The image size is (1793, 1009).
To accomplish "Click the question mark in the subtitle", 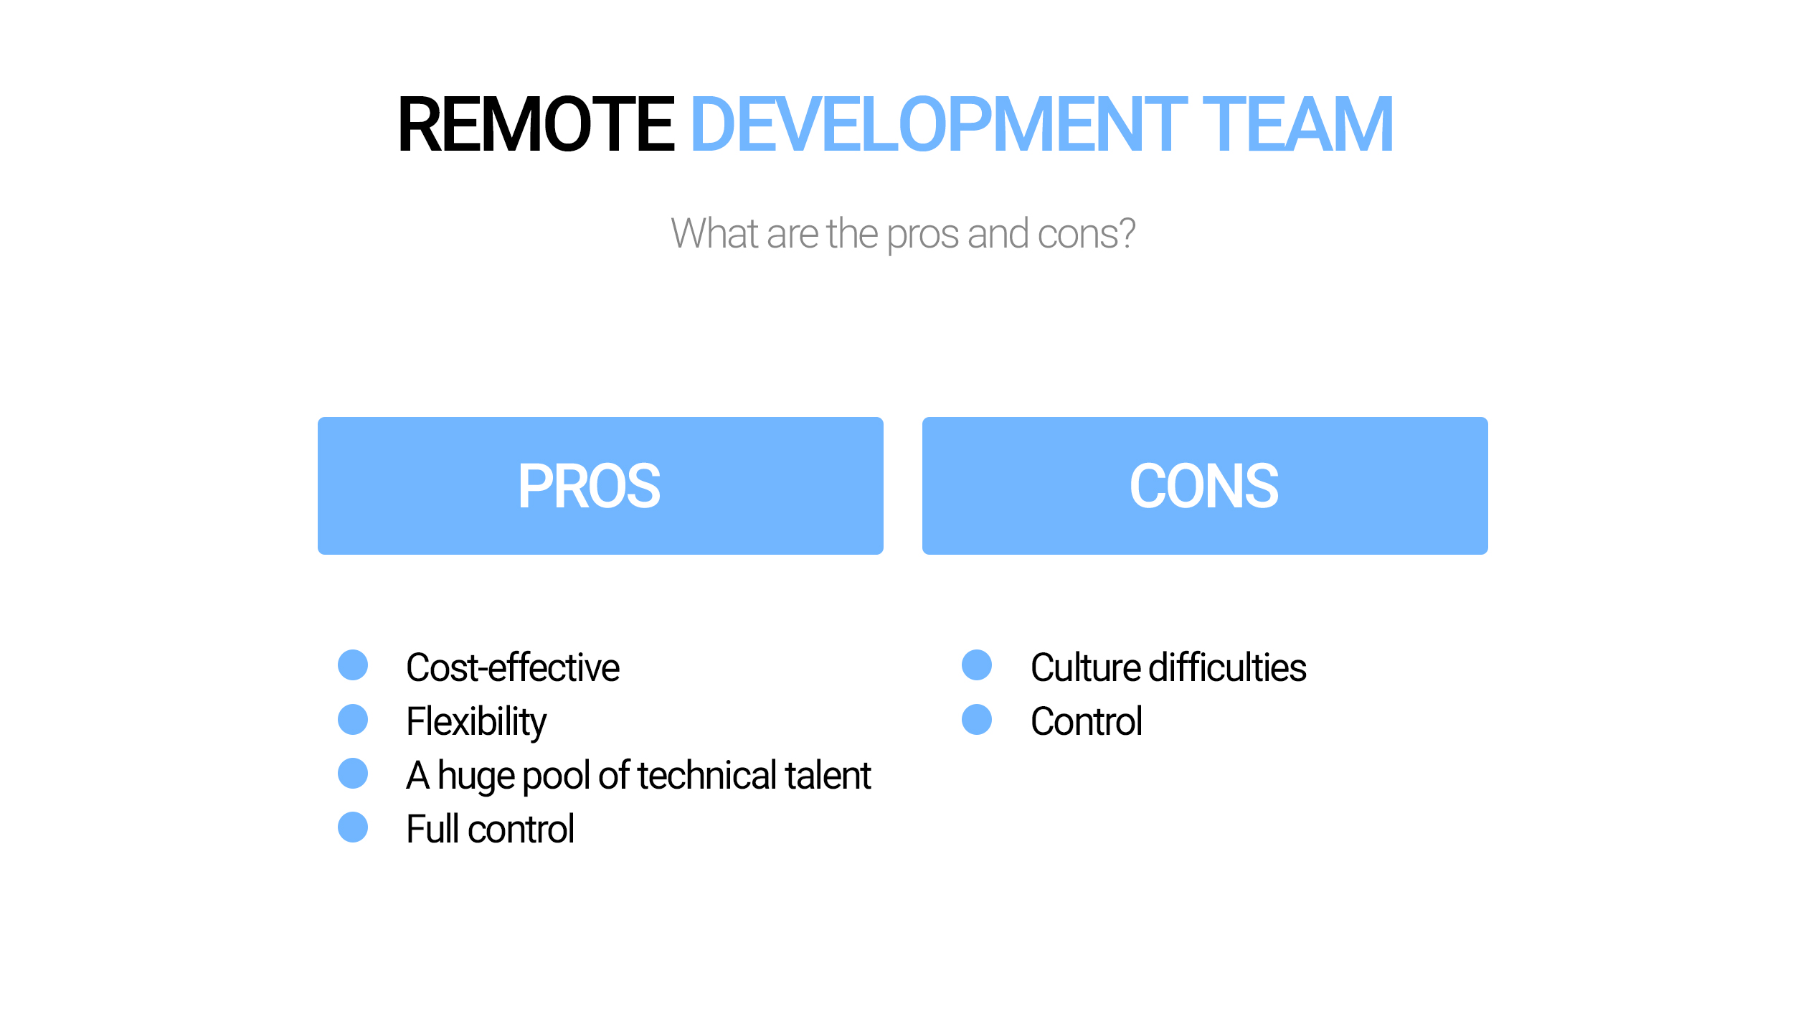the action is [1125, 233].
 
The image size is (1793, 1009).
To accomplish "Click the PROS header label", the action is [589, 486].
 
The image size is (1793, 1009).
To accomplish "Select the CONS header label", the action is [1204, 486].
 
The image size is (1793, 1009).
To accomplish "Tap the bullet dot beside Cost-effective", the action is [353, 665].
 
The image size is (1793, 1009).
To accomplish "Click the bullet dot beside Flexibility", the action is [353, 719].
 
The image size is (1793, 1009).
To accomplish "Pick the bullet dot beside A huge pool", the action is [353, 773].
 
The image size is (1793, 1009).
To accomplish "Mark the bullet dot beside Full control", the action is [353, 827].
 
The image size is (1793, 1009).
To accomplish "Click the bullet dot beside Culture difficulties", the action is [977, 665].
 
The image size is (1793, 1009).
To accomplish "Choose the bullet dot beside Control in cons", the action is [977, 719].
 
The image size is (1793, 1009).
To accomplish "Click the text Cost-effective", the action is [513, 667].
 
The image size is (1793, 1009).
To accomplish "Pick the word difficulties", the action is [1227, 667].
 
